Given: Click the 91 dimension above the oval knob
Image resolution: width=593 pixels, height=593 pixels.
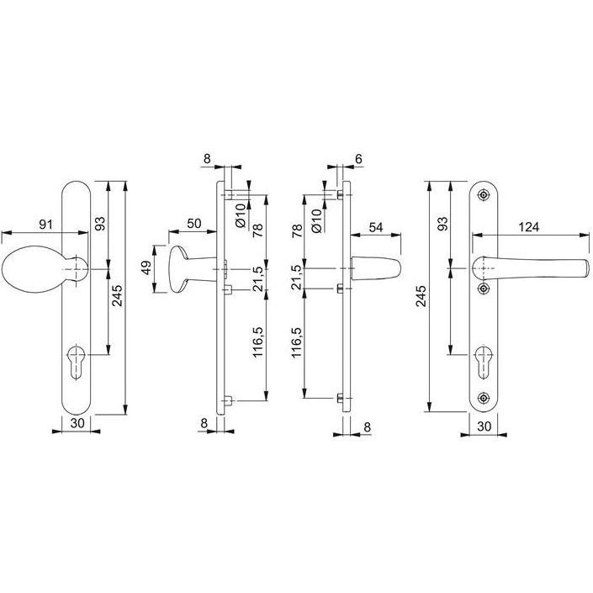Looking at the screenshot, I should point(46,225).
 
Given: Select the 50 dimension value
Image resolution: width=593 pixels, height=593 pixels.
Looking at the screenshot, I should point(193,223).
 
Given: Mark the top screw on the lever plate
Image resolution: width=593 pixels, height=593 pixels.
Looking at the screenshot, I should point(483,194).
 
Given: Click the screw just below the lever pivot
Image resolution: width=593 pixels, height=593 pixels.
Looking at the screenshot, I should point(483,289).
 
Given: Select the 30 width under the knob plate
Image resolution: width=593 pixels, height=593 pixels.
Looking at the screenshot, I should point(77,423).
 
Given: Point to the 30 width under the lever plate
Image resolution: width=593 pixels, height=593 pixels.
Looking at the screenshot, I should point(483,426).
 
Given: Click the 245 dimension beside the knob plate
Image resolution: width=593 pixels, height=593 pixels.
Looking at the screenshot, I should point(118,295).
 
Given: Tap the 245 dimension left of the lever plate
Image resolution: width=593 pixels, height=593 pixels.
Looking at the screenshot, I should point(421,295).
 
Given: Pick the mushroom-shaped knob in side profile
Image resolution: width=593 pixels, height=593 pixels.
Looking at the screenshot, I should point(187,268).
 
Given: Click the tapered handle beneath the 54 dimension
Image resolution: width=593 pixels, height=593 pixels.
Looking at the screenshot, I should point(374,268).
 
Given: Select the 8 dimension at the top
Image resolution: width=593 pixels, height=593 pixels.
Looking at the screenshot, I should point(208,157).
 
